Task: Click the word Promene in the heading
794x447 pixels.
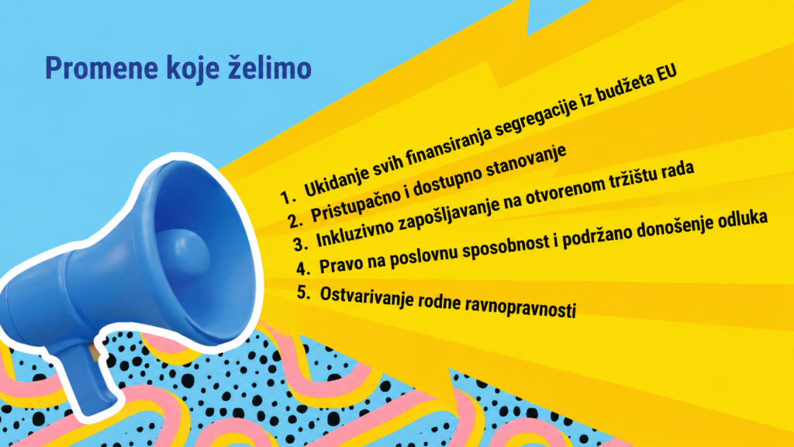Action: (x=102, y=68)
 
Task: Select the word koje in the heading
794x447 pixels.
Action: (x=192, y=69)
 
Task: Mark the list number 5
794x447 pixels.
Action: (x=303, y=293)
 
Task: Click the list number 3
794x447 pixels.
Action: (x=300, y=244)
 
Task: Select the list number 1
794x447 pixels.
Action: (x=287, y=196)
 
